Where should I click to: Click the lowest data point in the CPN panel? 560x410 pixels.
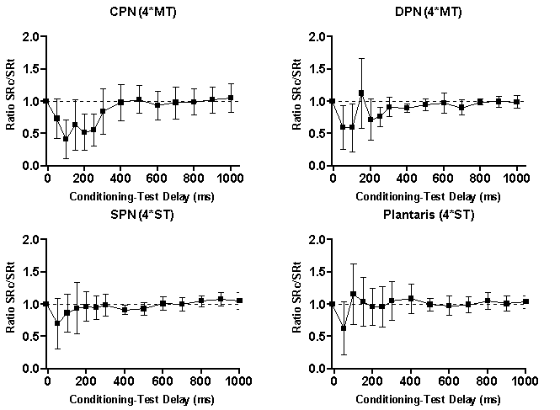[x=66, y=139]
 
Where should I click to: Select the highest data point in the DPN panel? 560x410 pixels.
[x=361, y=93]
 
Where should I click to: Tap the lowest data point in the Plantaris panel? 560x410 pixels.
[x=344, y=327]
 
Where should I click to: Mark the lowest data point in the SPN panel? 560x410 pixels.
[x=57, y=322]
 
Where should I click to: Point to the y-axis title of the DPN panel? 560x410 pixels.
[x=296, y=101]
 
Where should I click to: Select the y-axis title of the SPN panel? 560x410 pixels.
[x=10, y=304]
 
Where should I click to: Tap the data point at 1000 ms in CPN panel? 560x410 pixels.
[x=230, y=98]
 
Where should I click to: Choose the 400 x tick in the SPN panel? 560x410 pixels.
[x=124, y=381]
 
